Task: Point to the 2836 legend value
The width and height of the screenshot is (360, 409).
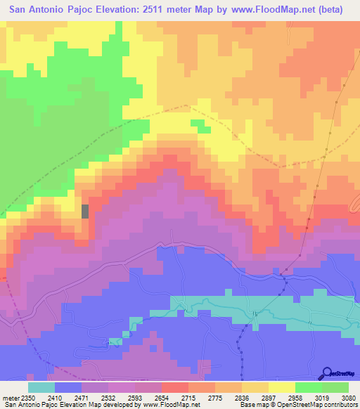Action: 242,398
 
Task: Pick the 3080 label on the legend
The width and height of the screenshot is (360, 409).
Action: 349,398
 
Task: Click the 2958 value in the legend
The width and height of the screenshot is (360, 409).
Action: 295,398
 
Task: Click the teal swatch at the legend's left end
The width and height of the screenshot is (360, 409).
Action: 41,387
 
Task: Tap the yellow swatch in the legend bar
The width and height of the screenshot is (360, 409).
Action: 282,387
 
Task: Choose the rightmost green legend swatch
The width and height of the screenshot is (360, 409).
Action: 335,387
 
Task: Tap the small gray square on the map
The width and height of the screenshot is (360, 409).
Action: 86,211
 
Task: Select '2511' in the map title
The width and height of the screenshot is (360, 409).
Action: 179,10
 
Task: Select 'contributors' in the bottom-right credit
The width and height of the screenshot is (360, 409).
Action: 342,405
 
